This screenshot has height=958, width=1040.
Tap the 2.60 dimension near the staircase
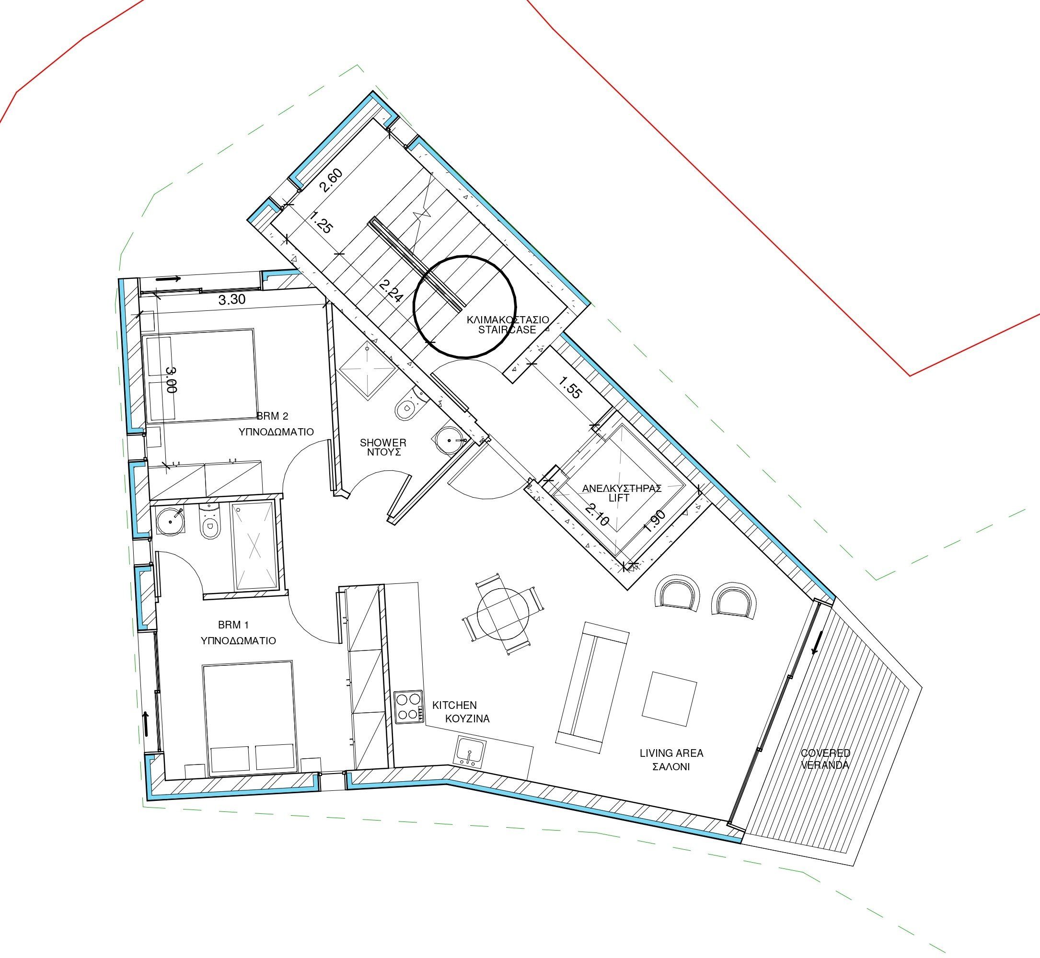point(331,181)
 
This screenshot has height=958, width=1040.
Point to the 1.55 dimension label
point(571,387)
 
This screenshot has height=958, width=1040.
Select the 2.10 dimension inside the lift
point(597,514)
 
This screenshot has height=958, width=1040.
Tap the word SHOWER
point(383,443)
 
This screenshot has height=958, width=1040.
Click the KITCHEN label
point(454,705)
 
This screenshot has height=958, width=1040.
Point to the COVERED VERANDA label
point(825,759)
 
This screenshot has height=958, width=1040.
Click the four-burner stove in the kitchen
point(408,707)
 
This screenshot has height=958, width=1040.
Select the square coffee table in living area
point(669,698)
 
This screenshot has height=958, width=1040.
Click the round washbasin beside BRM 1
point(170,523)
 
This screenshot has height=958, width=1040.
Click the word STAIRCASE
point(507,330)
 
